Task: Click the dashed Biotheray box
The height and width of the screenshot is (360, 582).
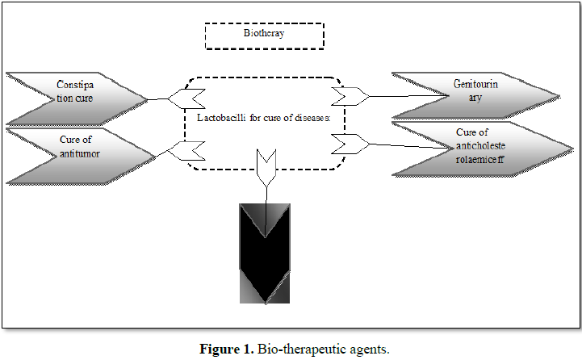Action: [264, 35]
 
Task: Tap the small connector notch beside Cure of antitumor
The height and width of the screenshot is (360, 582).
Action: [191, 150]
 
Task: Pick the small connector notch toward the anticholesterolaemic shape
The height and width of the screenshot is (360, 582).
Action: [345, 144]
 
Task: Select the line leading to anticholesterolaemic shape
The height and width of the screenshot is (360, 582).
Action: [412, 145]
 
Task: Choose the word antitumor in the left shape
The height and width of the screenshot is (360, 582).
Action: [79, 153]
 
